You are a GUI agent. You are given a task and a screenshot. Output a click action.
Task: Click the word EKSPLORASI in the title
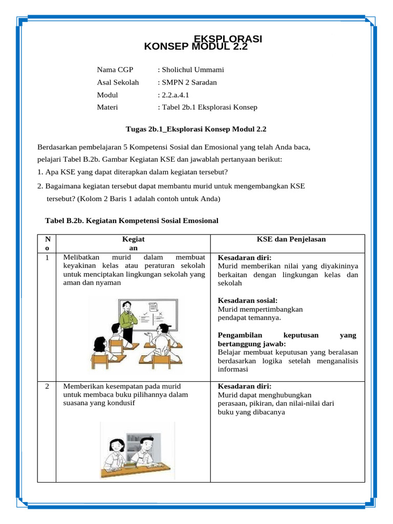click(228, 39)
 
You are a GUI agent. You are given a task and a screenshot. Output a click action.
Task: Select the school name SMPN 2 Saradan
click(189, 82)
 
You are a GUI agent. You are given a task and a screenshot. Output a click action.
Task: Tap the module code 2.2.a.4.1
click(176, 95)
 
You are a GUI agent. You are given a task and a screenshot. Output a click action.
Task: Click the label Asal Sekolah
click(118, 82)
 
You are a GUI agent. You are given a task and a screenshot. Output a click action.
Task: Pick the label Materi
click(107, 107)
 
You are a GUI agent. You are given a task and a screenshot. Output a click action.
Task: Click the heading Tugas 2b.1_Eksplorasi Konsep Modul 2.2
click(196, 129)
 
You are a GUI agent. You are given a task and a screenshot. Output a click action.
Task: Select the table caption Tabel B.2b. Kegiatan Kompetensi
click(132, 221)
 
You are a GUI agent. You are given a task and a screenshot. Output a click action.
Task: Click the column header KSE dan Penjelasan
click(291, 239)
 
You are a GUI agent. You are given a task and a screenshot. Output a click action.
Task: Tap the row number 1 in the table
click(47, 258)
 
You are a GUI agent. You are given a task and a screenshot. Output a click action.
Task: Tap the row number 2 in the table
click(47, 386)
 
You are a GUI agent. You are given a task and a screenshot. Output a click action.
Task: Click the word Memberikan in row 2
click(82, 386)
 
